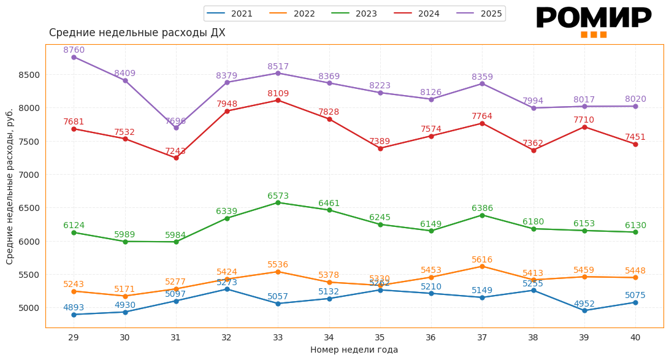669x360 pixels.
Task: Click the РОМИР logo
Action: tap(593, 21)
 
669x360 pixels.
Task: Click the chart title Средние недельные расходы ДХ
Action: tap(137, 33)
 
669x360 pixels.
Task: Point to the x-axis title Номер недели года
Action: tap(354, 350)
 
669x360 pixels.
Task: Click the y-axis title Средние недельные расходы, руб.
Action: tap(10, 186)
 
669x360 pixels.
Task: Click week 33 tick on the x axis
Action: tap(278, 337)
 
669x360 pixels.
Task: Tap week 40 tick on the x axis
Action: tap(635, 337)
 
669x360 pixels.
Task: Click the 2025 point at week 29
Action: tap(74, 57)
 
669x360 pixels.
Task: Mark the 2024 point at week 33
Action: tap(278, 100)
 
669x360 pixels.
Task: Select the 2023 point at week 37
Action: tap(482, 215)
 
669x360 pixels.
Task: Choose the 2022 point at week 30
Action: tap(125, 296)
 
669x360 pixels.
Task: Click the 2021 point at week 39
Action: tap(584, 310)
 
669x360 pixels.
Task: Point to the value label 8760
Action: tap(74, 50)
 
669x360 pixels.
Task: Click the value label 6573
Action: tap(278, 196)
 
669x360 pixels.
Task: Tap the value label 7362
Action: tap(533, 144)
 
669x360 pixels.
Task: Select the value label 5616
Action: tap(482, 260)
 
